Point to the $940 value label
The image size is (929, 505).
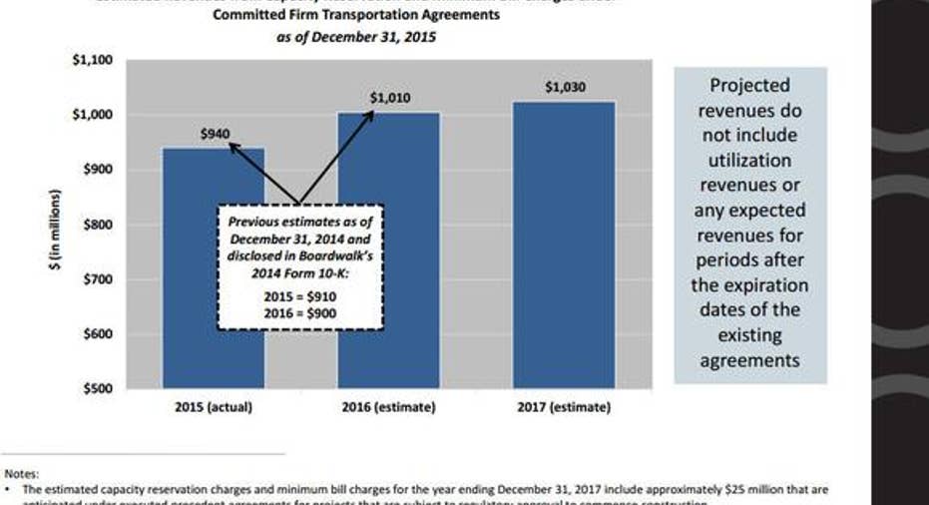click(215, 133)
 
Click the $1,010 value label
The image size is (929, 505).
click(389, 98)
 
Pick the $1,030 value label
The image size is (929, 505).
click(565, 87)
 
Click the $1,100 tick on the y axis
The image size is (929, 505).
click(93, 60)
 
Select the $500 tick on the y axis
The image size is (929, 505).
click(98, 388)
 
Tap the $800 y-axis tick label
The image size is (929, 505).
click(98, 225)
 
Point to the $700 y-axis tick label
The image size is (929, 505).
click(98, 279)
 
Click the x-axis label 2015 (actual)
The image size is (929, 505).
click(214, 407)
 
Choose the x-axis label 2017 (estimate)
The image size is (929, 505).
click(564, 407)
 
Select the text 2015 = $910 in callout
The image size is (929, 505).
click(300, 296)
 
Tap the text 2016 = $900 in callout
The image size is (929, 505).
click(300, 312)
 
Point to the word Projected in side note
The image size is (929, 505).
click(749, 86)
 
